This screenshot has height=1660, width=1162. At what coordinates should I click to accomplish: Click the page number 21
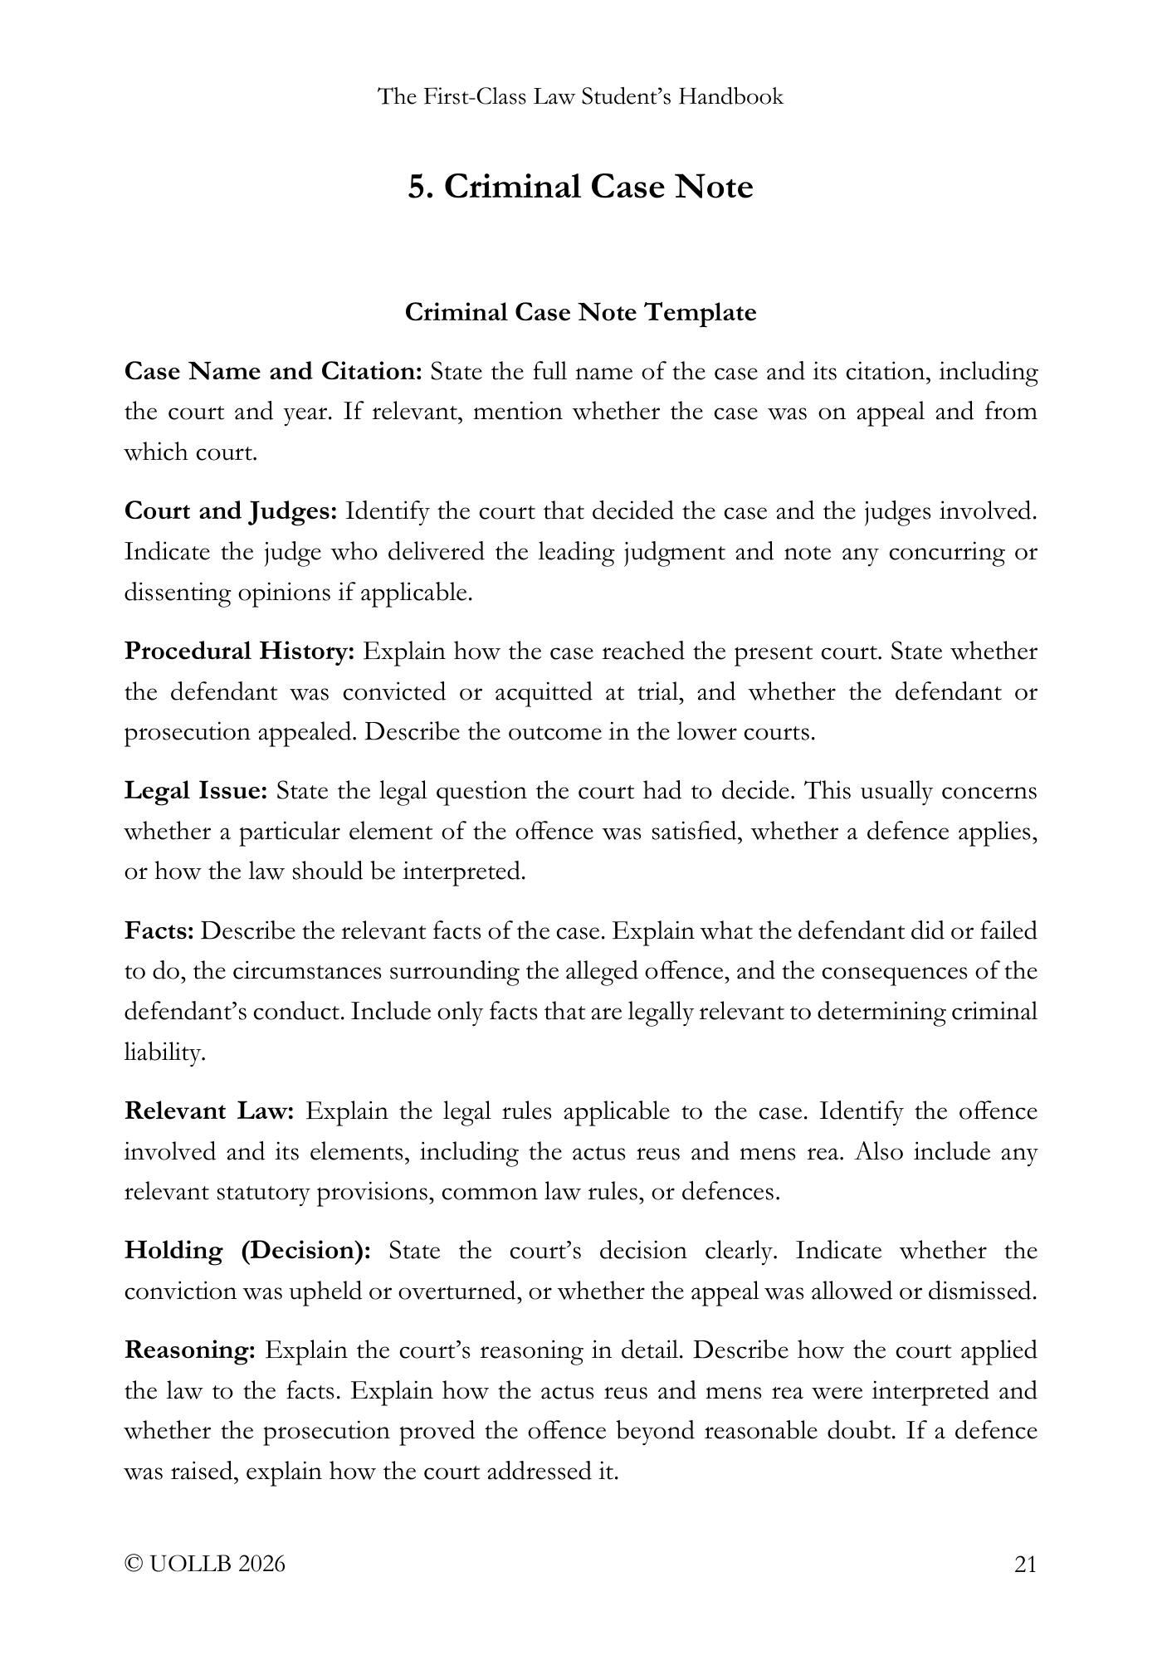(x=1025, y=1565)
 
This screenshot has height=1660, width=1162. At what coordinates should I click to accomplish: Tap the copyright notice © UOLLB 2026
(x=204, y=1565)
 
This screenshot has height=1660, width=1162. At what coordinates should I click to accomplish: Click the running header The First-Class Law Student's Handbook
(x=580, y=97)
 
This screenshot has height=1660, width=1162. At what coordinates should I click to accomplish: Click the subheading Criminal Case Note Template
(x=580, y=313)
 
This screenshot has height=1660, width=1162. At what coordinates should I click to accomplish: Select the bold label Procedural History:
(x=240, y=651)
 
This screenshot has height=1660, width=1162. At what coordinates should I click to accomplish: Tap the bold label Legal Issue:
(x=196, y=790)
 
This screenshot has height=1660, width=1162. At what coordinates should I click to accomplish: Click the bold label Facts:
(x=159, y=930)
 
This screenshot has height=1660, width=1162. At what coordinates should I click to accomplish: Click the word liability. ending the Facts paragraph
(x=164, y=1053)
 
